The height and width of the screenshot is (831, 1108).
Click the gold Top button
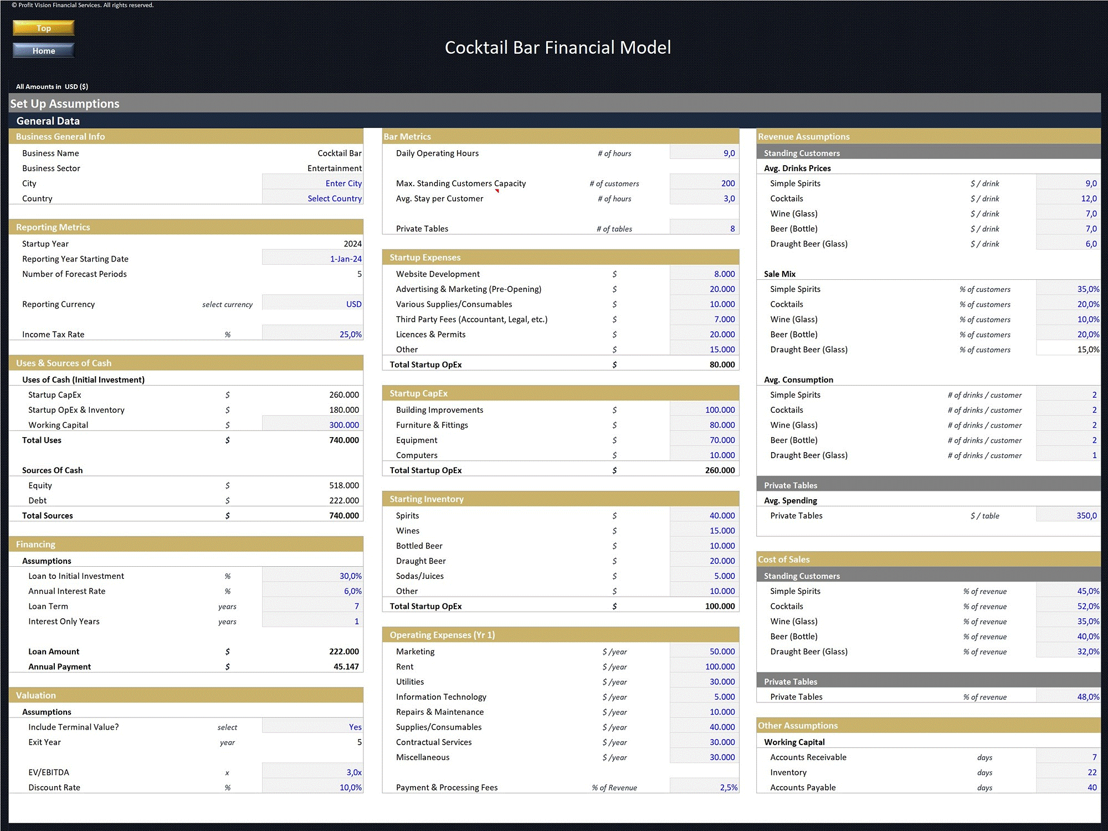point(44,28)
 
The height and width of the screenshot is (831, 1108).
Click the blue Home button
point(44,50)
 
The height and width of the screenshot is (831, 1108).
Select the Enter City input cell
point(343,183)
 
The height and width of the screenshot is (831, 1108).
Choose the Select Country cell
point(335,198)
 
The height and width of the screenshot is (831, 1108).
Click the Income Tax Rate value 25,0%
point(351,334)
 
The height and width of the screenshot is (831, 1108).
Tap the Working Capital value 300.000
point(344,425)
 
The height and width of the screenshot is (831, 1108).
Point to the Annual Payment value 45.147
point(346,666)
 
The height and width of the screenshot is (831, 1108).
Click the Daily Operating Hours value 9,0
point(729,153)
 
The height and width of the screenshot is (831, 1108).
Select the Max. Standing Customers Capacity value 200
point(728,183)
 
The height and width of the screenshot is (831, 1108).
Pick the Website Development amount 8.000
point(725,274)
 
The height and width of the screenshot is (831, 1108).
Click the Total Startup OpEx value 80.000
point(722,365)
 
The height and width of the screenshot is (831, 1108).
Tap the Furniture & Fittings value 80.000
point(722,425)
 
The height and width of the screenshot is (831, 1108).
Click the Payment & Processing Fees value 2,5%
point(729,787)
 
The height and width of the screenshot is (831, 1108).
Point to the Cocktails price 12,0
point(1089,198)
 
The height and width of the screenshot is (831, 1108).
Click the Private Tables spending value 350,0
point(1086,515)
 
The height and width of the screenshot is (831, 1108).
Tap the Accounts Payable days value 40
point(1092,787)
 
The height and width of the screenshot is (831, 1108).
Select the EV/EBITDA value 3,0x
point(354,772)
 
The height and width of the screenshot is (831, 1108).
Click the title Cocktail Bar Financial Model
point(558,48)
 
